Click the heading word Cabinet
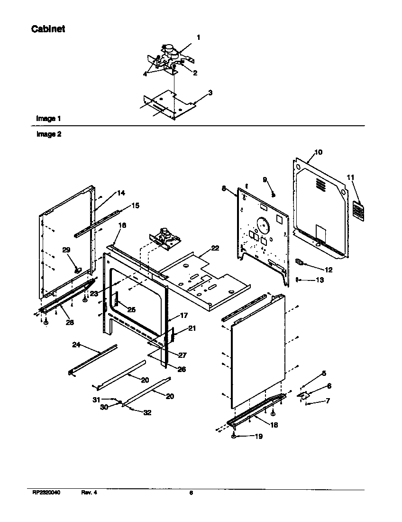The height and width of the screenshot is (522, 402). tap(48, 29)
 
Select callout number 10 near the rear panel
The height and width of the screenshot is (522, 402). tap(318, 152)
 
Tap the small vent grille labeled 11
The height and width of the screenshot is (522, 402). tap(359, 211)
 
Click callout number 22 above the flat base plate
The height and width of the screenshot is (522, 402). tap(215, 248)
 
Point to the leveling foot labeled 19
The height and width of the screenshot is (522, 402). tap(235, 436)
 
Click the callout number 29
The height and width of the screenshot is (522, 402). tap(66, 250)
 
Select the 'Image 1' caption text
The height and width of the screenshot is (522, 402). tap(48, 118)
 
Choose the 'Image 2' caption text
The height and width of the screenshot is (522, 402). tap(49, 134)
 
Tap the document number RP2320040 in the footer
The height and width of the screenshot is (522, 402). tap(46, 493)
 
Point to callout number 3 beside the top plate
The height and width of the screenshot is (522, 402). tap(210, 93)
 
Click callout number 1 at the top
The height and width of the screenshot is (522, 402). tap(198, 37)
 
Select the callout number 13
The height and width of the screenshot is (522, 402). tap(320, 280)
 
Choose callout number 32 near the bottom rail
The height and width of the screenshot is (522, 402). tap(147, 412)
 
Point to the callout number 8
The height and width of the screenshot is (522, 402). tap(223, 188)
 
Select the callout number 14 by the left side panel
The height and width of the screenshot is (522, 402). tap(121, 193)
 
